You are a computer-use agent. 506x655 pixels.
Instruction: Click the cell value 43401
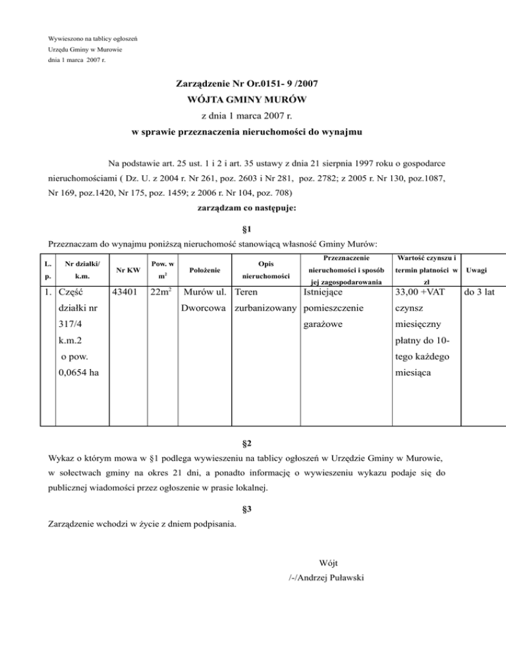[x=126, y=291]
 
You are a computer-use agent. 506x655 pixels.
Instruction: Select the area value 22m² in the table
[x=161, y=291]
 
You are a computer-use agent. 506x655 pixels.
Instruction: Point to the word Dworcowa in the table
[x=206, y=308]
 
